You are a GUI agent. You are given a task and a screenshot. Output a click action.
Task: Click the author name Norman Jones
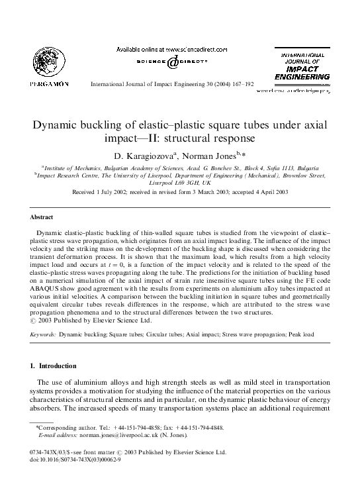214,154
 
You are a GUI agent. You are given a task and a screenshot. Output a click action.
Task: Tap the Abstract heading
43,217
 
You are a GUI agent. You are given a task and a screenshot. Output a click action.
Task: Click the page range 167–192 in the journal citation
241,85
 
